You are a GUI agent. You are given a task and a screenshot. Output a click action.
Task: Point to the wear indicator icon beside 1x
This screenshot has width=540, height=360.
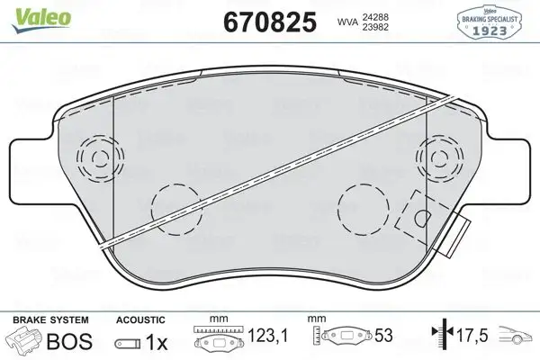[129, 344]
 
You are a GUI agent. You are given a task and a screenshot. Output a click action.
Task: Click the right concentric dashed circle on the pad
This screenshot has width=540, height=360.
[442, 160]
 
